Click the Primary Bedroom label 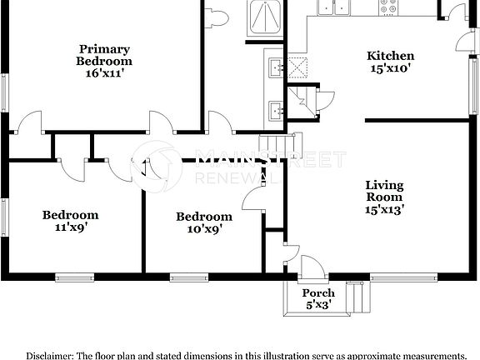(x=104, y=54)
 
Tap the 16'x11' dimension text (x=104, y=73)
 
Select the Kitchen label (x=391, y=56)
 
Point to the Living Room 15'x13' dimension (x=384, y=210)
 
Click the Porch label (x=318, y=292)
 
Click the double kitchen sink (x=333, y=7)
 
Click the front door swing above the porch (x=311, y=266)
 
